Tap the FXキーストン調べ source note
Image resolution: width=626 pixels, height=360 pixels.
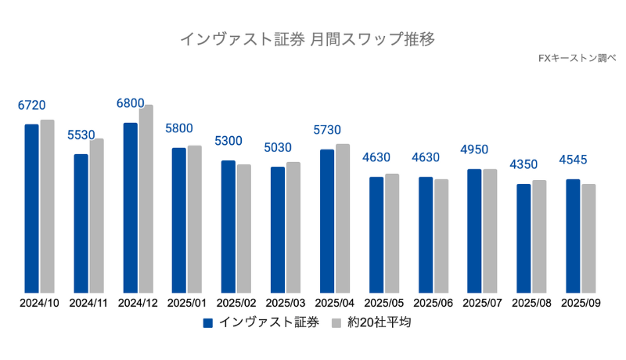click(x=577, y=58)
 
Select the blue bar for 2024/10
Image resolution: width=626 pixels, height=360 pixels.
click(x=31, y=208)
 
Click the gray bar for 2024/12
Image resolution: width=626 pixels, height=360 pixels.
click(x=146, y=199)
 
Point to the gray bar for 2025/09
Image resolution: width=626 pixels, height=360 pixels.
click(x=588, y=239)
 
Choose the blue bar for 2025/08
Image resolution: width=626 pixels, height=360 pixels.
click(x=523, y=239)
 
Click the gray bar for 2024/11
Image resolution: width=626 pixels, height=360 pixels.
click(x=96, y=216)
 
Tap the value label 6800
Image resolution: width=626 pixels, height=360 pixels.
click(x=130, y=103)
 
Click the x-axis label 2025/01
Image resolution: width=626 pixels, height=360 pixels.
click(x=187, y=303)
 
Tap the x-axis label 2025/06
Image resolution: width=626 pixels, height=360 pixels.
click(x=433, y=303)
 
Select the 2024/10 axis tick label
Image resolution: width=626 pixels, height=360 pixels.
click(x=39, y=303)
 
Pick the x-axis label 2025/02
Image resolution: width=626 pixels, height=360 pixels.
click(x=236, y=303)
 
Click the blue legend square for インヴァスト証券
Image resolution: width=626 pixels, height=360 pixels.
click(x=208, y=322)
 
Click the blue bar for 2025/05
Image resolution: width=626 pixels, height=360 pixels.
click(x=376, y=235)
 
